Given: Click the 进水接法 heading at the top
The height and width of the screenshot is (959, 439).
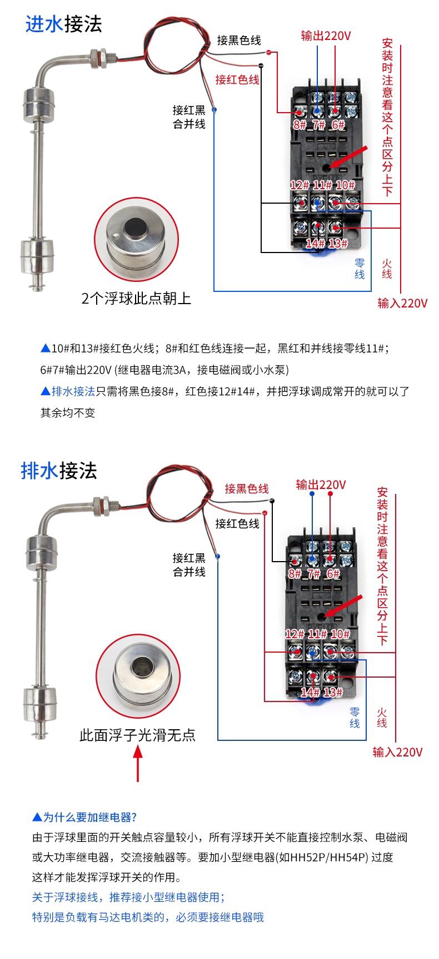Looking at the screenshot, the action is (64, 24).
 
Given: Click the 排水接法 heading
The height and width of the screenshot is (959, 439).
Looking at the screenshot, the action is (59, 471).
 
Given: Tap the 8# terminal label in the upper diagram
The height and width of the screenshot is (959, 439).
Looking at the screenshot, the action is (300, 124).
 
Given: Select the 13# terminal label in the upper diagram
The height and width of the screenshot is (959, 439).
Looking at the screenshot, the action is (338, 243).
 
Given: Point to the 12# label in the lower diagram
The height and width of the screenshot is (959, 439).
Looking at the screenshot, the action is (295, 634).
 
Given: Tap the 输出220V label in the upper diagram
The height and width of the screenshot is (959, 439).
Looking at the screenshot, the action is (326, 36).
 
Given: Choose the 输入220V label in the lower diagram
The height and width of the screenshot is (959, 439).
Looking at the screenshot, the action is (397, 752).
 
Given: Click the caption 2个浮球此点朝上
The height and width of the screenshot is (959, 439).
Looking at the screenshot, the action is (136, 299).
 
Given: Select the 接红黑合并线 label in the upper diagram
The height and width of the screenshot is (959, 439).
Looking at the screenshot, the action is (189, 117).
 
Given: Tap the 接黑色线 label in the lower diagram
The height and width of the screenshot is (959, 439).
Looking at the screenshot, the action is (246, 488).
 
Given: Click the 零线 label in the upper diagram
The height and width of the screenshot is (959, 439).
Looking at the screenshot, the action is (360, 268).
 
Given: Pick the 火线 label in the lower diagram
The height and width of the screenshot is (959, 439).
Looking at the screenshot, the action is (382, 717).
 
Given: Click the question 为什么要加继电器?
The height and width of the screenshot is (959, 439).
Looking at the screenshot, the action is (84, 817).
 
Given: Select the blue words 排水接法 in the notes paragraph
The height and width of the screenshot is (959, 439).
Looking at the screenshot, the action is (73, 391).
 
